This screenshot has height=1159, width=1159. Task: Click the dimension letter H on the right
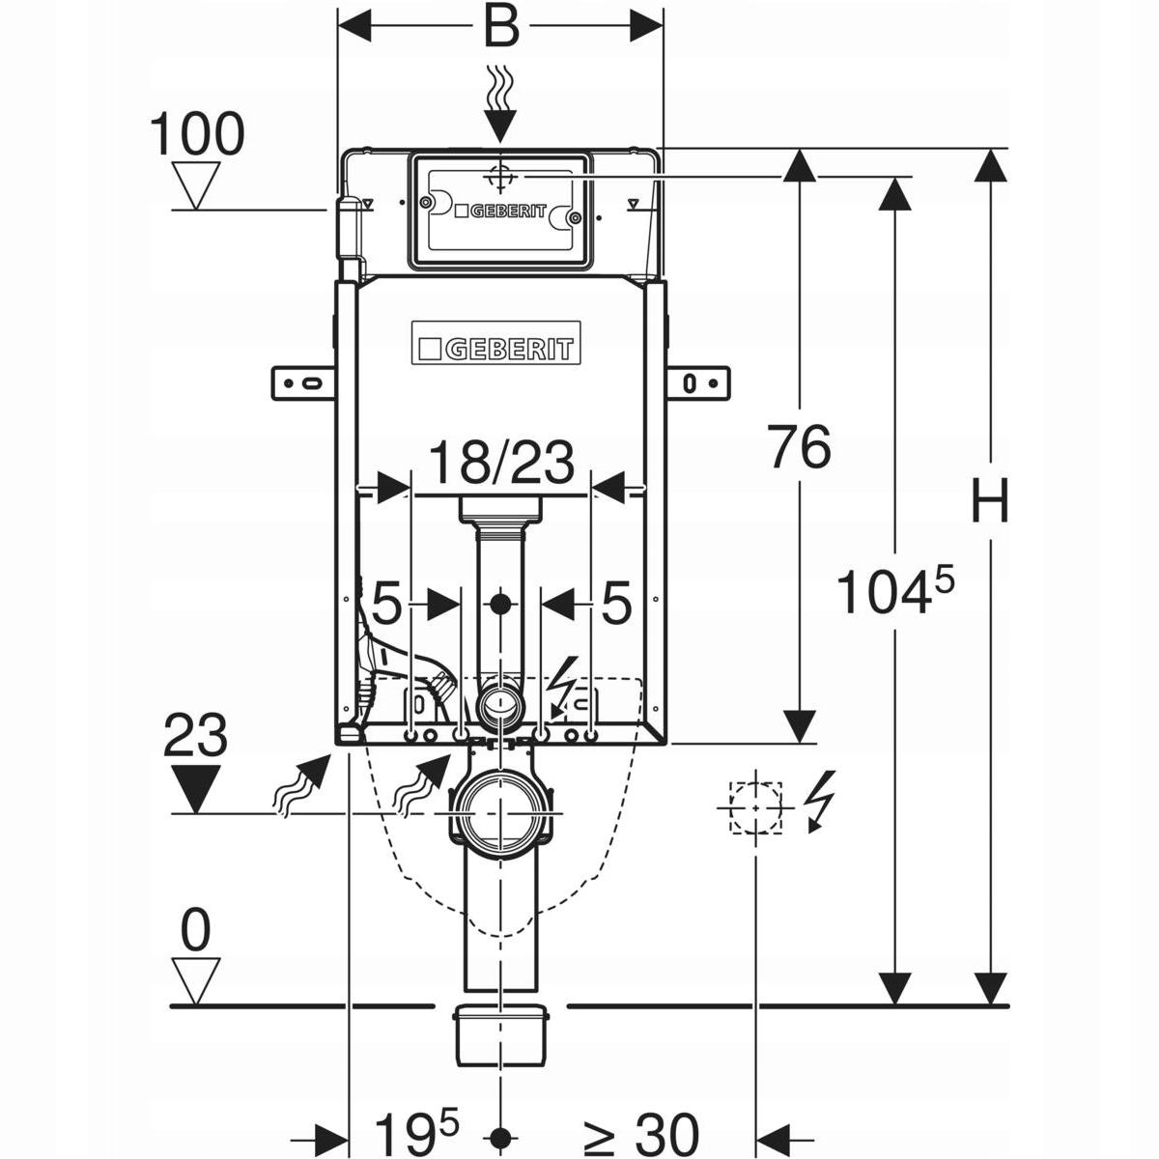pyautogui.click(x=989, y=502)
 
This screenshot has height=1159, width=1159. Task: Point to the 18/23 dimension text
pyautogui.click(x=500, y=464)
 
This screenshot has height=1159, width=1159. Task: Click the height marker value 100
pyautogui.click(x=197, y=134)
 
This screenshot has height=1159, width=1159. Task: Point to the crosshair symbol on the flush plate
pyautogui.click(x=499, y=178)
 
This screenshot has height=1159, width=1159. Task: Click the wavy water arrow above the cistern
pyautogui.click(x=499, y=103)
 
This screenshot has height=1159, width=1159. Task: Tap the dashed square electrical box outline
pyautogui.click(x=755, y=806)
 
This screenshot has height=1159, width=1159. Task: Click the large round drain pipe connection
pyautogui.click(x=499, y=811)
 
